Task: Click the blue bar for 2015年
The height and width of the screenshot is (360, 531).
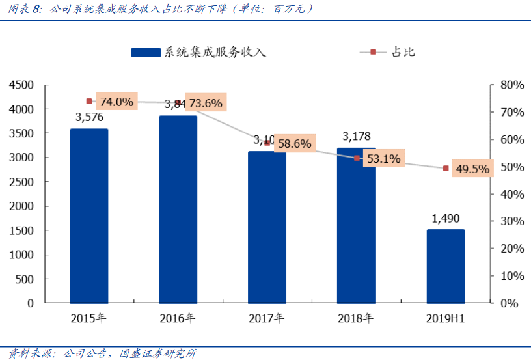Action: (x=89, y=215)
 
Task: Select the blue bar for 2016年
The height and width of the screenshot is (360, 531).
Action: (x=178, y=209)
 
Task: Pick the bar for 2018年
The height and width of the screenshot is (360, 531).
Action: (x=356, y=225)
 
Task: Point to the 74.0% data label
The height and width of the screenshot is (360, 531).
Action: (x=116, y=102)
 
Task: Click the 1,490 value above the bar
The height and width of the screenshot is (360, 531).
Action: (x=446, y=219)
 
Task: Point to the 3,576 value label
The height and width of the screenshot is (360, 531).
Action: (x=89, y=118)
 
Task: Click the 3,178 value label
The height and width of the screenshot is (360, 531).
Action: (x=356, y=136)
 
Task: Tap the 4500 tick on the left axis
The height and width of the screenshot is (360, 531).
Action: (x=21, y=85)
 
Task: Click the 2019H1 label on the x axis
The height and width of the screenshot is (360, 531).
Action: (x=446, y=319)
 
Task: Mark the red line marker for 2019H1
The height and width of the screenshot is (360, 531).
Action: (x=446, y=168)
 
